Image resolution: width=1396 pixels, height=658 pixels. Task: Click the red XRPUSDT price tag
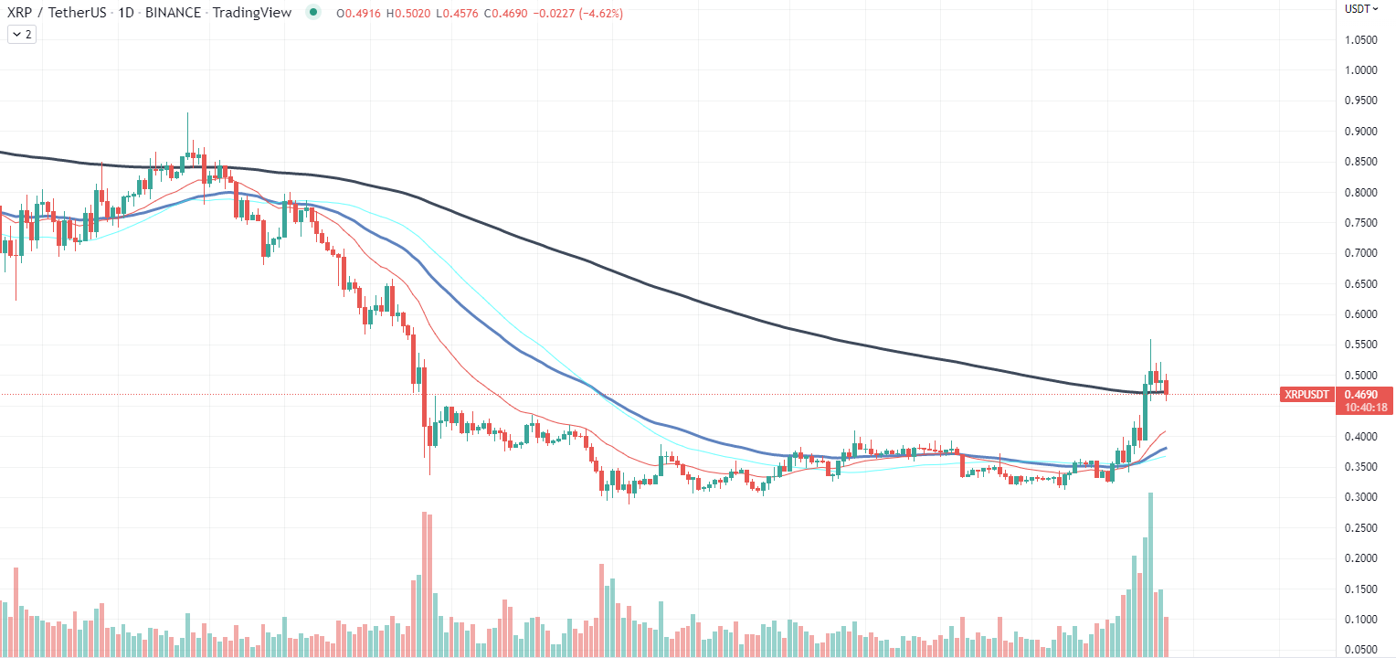point(1306,395)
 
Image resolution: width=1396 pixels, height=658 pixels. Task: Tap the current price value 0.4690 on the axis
point(1360,395)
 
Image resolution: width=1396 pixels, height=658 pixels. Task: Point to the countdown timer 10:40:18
point(1366,408)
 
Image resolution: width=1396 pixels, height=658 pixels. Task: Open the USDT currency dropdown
point(1361,9)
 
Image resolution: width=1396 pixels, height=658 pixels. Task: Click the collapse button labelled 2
point(22,35)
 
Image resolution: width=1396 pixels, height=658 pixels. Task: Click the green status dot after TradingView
point(313,12)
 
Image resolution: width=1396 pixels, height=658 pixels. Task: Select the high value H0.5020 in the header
point(408,13)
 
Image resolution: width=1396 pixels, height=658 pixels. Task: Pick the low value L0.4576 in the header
point(457,13)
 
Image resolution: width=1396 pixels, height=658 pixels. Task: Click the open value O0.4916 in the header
point(358,13)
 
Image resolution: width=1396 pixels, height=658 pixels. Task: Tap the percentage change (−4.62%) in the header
point(601,13)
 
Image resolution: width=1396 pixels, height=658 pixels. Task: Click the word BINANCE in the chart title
point(173,13)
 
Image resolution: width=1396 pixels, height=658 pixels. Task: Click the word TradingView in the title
point(252,13)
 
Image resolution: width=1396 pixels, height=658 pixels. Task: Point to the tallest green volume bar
point(1150,575)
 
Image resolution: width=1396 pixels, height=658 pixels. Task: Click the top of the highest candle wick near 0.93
point(187,113)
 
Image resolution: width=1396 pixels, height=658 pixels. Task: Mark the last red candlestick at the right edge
point(1166,387)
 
